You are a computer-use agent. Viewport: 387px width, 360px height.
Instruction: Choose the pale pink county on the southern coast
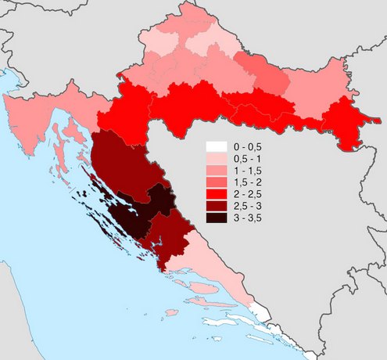pyautogui.click(x=211, y=266)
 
